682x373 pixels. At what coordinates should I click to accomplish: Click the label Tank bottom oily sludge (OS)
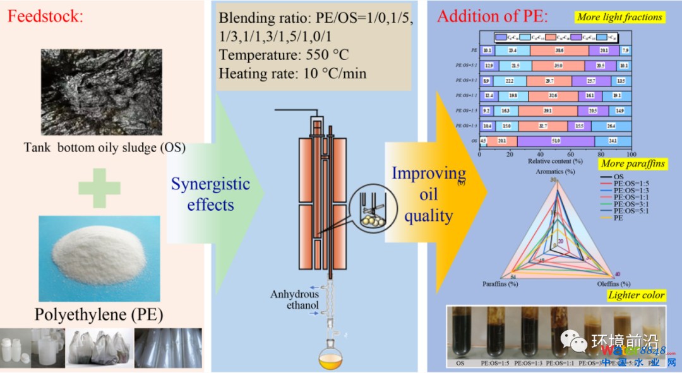click(x=104, y=148)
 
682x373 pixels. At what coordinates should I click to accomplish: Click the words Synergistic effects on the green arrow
click(x=211, y=194)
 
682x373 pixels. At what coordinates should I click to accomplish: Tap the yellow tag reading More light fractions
click(x=619, y=18)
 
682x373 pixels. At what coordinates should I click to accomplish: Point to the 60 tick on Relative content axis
click(x=570, y=154)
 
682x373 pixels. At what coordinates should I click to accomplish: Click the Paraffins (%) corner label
click(x=500, y=283)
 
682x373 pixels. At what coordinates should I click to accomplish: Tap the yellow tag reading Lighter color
click(x=636, y=295)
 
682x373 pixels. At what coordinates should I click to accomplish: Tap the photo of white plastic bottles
click(x=32, y=348)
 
